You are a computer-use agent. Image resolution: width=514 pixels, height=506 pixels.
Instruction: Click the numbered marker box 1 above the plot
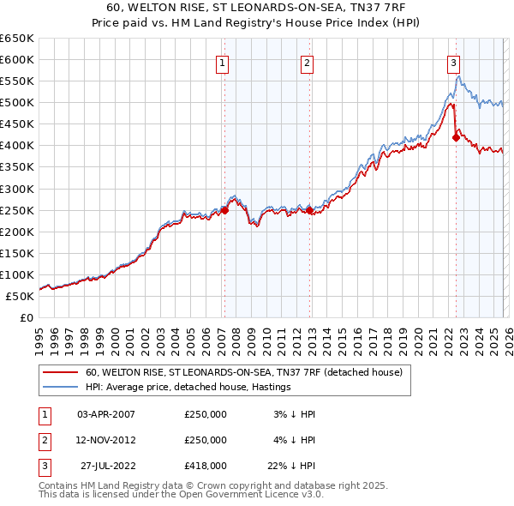click(x=223, y=62)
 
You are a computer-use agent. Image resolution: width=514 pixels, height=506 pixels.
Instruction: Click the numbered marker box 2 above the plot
click(x=308, y=62)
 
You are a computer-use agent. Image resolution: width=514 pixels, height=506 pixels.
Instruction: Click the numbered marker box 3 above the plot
click(x=453, y=62)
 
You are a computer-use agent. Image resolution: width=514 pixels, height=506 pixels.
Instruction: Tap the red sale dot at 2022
click(x=456, y=137)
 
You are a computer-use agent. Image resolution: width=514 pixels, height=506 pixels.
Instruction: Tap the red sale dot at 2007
click(x=224, y=209)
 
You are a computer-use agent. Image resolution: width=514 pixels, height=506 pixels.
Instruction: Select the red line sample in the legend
click(x=59, y=372)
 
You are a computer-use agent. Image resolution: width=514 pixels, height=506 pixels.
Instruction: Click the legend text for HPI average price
click(x=188, y=387)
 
